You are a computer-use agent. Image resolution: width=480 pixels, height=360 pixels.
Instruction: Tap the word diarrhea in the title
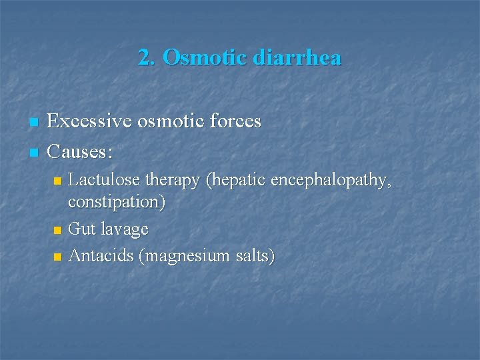click(297, 58)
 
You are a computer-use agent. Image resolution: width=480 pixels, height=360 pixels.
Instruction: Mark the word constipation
click(117, 202)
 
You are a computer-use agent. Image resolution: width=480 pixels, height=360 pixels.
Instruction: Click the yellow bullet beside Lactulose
click(58, 181)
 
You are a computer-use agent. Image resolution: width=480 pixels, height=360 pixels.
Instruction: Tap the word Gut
click(82, 229)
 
